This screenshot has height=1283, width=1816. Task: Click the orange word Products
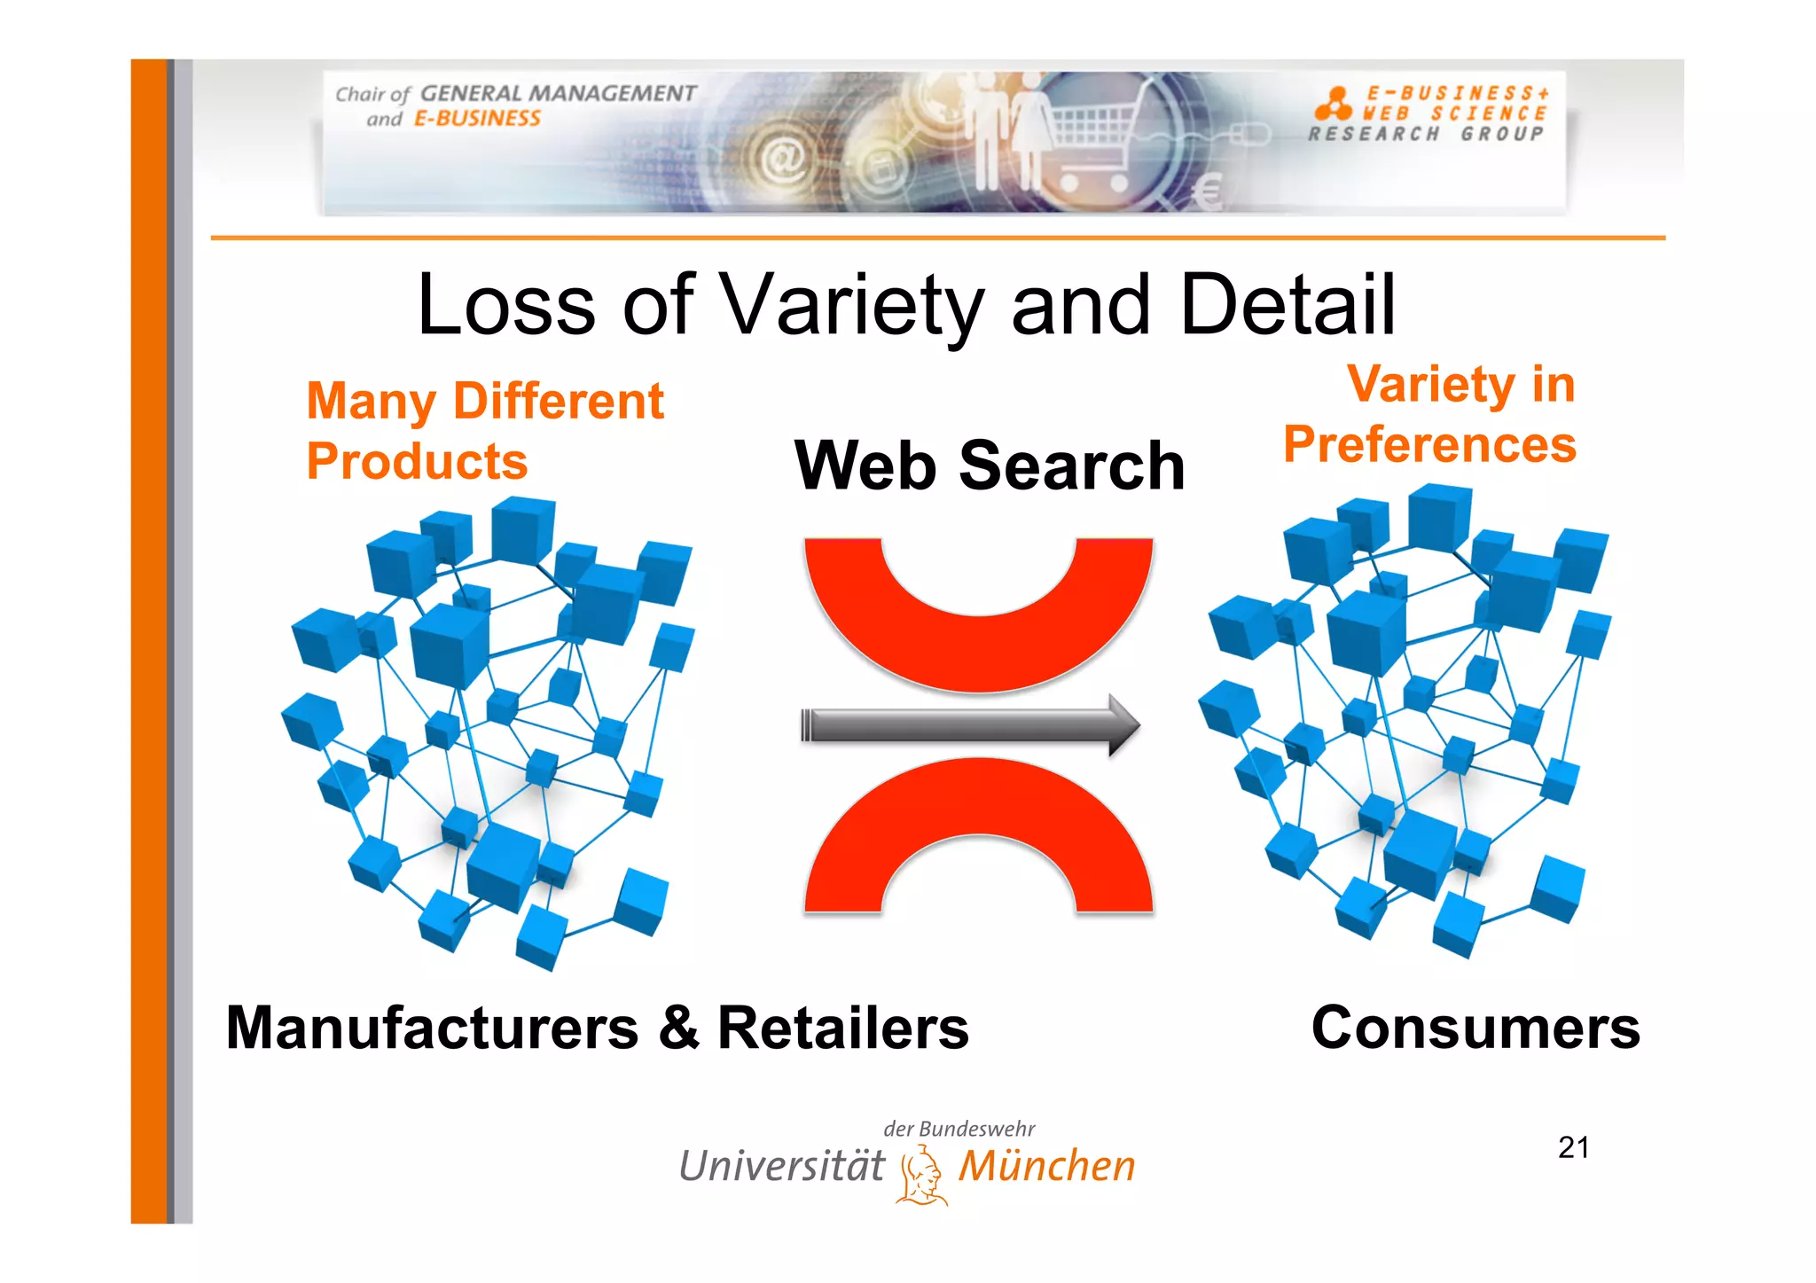coord(417,461)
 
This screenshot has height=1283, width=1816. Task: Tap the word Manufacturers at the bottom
coord(432,1028)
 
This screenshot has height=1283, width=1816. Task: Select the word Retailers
coord(842,1028)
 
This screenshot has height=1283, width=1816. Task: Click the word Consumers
coord(1475,1028)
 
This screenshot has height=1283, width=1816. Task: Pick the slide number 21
coord(1573,1147)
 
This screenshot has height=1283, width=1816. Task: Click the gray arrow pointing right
coord(970,725)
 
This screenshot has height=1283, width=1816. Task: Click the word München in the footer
coord(1046,1166)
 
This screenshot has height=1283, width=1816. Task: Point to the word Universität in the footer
coord(781,1166)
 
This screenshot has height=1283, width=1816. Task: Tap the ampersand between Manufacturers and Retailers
coord(679,1028)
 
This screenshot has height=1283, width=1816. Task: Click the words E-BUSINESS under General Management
coord(477,119)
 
